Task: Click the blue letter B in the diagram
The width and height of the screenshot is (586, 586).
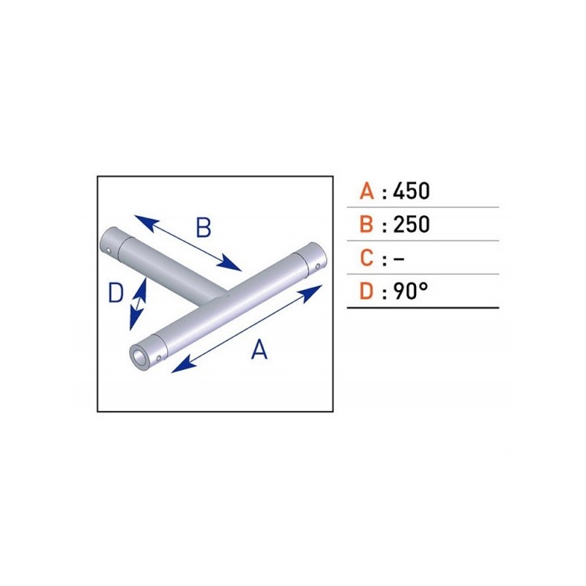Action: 204,228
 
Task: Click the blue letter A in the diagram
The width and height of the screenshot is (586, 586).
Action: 259,349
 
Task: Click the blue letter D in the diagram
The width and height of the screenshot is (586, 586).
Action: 116,292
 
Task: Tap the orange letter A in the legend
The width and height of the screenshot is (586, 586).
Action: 367,190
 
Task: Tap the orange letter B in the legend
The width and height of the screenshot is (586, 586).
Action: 366,224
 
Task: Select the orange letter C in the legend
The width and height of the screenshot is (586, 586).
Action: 367,258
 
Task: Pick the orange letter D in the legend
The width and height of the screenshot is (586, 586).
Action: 366,291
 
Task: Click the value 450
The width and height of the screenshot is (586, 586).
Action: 412,190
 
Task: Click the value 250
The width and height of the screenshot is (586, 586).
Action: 412,224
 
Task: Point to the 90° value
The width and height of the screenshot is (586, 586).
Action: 410,291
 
